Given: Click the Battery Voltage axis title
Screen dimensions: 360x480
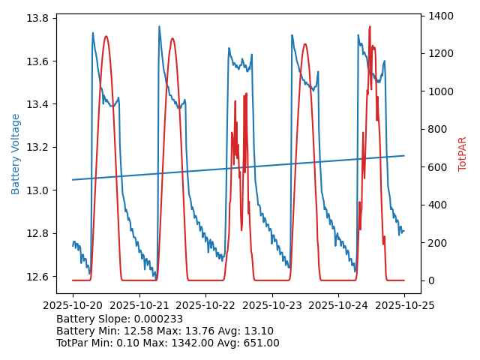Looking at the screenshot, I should click(x=16, y=154).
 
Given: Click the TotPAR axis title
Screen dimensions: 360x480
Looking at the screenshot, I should click(x=463, y=154).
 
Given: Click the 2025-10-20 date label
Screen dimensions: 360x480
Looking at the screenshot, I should click(x=73, y=305).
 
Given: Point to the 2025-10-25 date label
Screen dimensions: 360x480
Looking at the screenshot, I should click(x=404, y=305).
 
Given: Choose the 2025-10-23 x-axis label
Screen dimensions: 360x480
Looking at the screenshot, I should click(x=271, y=305).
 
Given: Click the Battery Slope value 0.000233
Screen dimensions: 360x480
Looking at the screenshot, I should click(x=157, y=319).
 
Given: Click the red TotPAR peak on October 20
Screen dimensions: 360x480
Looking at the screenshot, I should click(x=106, y=36).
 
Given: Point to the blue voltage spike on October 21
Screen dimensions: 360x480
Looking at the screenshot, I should click(x=159, y=27).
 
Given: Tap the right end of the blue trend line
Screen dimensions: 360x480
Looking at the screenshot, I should click(x=404, y=156).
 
